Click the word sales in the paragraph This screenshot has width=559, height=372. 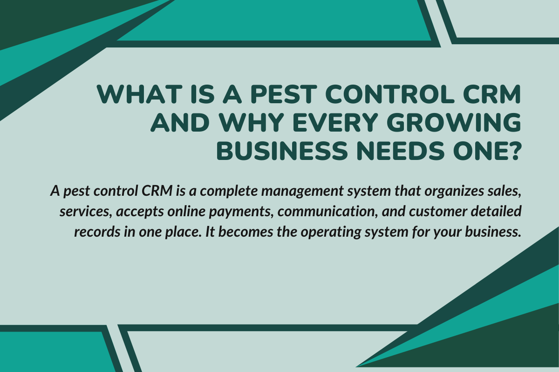pyautogui.click(x=503, y=192)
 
